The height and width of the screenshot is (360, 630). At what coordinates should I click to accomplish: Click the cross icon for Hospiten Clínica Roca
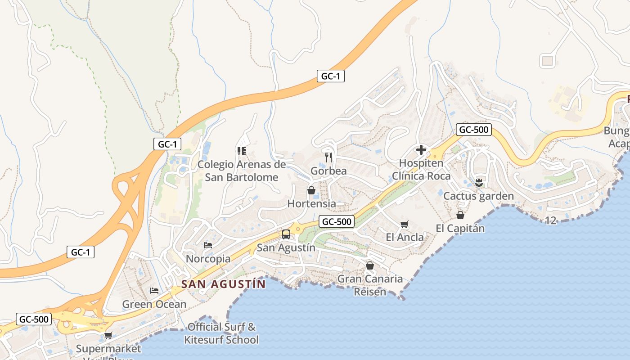(421, 150)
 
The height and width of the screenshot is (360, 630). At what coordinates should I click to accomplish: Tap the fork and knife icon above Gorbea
(328, 157)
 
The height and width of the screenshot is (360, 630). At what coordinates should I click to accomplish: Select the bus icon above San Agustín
(286, 234)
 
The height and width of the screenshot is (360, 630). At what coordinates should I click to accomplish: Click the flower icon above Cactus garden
(479, 182)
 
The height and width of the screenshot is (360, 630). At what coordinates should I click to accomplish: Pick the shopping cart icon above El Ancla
(404, 224)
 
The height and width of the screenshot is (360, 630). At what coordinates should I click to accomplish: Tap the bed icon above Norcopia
(208, 245)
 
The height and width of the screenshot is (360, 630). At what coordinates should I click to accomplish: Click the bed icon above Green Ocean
(154, 291)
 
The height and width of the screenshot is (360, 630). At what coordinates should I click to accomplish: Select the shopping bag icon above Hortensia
(311, 190)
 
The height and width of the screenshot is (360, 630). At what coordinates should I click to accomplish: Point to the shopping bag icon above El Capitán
(460, 215)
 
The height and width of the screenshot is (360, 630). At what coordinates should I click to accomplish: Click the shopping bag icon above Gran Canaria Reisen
(370, 265)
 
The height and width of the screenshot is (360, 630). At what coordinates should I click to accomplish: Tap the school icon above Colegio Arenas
(242, 151)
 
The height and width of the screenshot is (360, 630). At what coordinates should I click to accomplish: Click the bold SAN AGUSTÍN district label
(224, 284)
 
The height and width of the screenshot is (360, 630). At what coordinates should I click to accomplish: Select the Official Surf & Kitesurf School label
(221, 333)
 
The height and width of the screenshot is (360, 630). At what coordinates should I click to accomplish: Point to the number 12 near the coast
(550, 220)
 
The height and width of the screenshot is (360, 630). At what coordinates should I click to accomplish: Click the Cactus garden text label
(478, 196)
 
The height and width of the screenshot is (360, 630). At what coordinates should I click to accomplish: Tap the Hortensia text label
(311, 204)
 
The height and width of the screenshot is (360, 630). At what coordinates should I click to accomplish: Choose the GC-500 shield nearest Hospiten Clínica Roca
(473, 130)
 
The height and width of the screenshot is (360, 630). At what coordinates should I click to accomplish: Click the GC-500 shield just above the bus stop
(336, 221)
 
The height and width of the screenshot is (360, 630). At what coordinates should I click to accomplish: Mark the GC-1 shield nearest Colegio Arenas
(167, 144)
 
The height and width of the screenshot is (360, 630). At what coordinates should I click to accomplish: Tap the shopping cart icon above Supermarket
(108, 335)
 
